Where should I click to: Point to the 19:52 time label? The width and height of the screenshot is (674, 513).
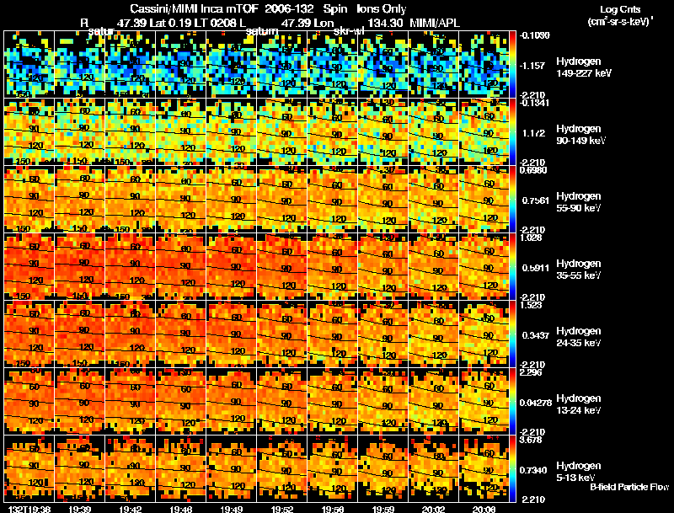tap(283, 509)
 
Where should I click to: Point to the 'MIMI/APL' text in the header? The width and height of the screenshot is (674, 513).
tap(435, 23)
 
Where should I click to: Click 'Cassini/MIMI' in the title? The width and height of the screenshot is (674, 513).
tap(162, 8)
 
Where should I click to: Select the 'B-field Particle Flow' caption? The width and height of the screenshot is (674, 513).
tap(629, 487)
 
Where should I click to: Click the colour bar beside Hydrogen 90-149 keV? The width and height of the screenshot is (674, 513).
tap(514, 133)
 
